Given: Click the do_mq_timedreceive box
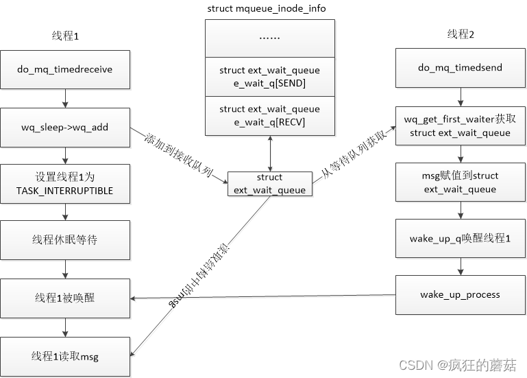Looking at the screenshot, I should click(64, 69).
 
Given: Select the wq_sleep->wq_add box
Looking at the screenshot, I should click(64, 127).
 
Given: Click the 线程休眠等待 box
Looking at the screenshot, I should click(64, 239).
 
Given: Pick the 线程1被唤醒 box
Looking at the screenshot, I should click(64, 298).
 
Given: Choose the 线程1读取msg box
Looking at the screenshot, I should click(64, 355).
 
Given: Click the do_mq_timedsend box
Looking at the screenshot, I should click(460, 68).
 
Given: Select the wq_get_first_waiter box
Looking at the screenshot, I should click(460, 126).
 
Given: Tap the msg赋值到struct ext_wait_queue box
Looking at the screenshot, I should click(460, 182).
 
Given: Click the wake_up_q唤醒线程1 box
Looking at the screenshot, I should click(460, 239).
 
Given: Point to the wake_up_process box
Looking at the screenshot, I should click(460, 295).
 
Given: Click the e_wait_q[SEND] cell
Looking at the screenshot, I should click(269, 77).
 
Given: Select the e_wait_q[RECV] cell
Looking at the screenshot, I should click(269, 115).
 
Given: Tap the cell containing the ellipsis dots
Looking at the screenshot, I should click(269, 38).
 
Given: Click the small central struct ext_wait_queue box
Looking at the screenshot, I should click(269, 184).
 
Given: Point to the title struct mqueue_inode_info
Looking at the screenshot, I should click(266, 8).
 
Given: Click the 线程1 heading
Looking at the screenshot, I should click(66, 35).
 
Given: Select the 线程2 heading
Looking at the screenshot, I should click(458, 34).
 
